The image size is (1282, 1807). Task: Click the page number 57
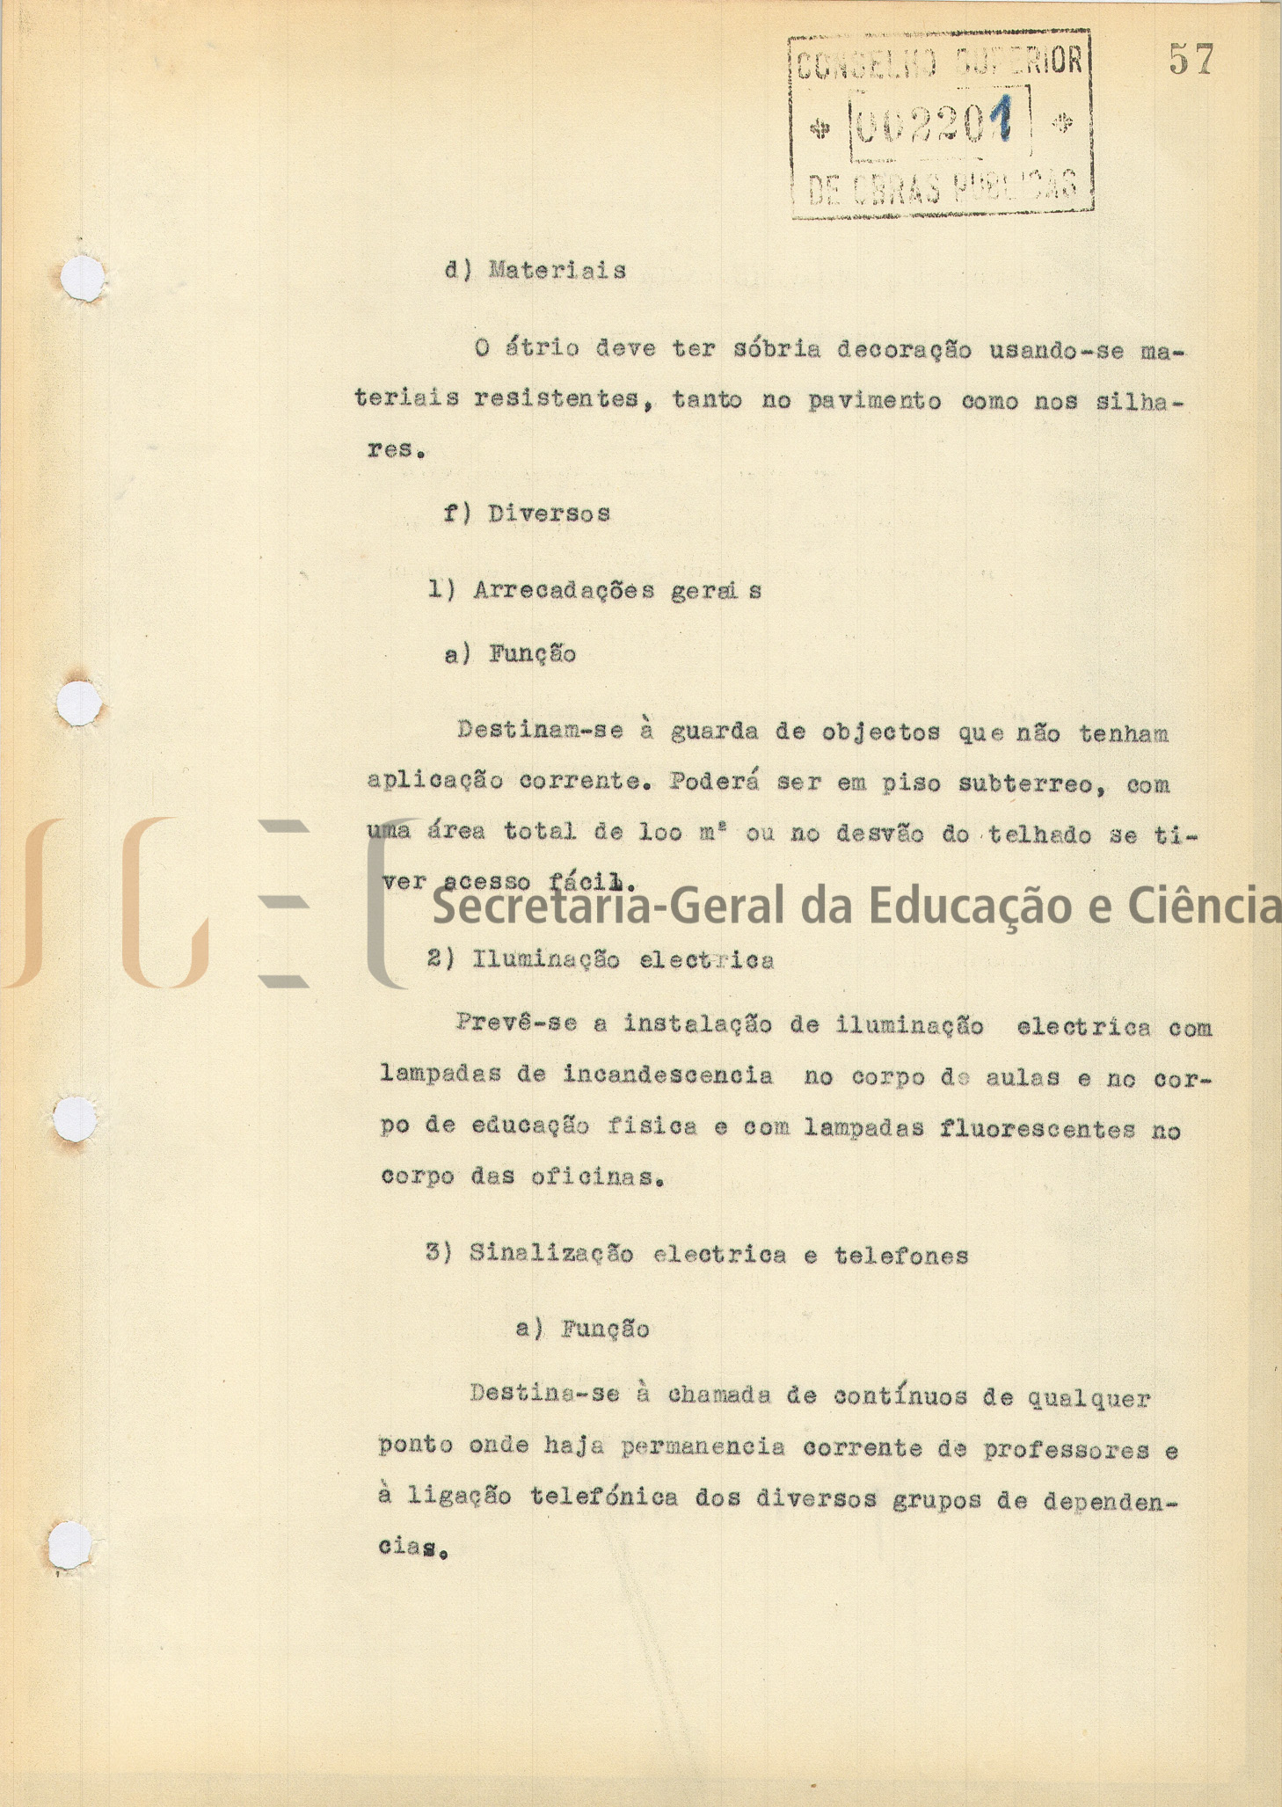click(1191, 60)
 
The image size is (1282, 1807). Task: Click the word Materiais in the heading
click(557, 270)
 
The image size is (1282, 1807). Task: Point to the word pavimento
click(875, 401)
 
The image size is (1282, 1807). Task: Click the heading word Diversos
click(550, 514)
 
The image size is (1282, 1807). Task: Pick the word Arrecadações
click(564, 590)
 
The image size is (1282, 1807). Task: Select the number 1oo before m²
click(660, 834)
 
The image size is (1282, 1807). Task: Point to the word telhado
click(1041, 834)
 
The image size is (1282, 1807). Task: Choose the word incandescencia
click(668, 1075)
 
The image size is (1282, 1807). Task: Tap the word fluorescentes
click(1038, 1128)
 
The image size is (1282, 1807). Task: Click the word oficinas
click(596, 1177)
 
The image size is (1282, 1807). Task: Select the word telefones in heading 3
click(901, 1256)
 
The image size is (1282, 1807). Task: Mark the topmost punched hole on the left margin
click(83, 279)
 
